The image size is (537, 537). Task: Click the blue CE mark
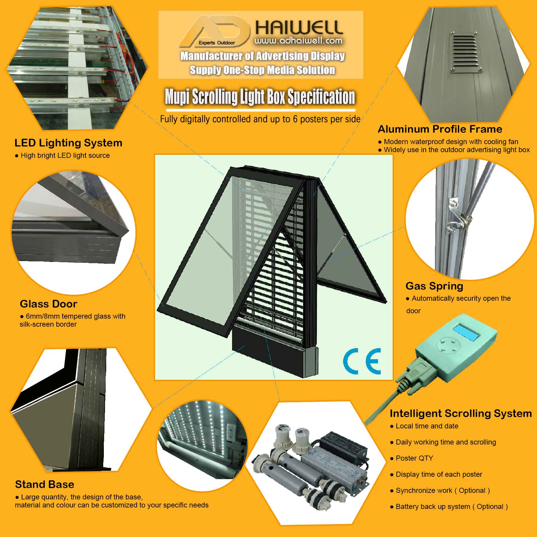coord(362,361)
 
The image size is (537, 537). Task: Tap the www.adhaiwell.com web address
coord(298,41)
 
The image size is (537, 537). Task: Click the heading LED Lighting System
coord(68,143)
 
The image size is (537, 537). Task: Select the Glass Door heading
coord(48,304)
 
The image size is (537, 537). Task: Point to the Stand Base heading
coord(44,484)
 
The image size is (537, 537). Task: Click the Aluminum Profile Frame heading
coord(440,129)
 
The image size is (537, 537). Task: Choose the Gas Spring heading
coord(434,286)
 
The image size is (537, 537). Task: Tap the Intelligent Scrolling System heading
coord(461,413)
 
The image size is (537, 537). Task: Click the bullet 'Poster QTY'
coord(414,458)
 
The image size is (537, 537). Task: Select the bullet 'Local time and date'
coord(427,426)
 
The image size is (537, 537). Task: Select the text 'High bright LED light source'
coord(65,155)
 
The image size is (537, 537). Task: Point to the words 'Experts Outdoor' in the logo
coord(217,43)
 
